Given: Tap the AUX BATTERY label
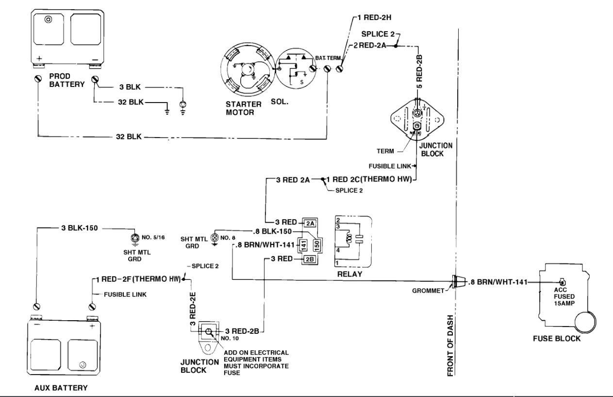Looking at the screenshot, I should (61, 389).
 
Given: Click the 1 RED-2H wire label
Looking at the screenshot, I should (374, 20).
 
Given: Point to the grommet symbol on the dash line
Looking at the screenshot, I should (457, 281).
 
